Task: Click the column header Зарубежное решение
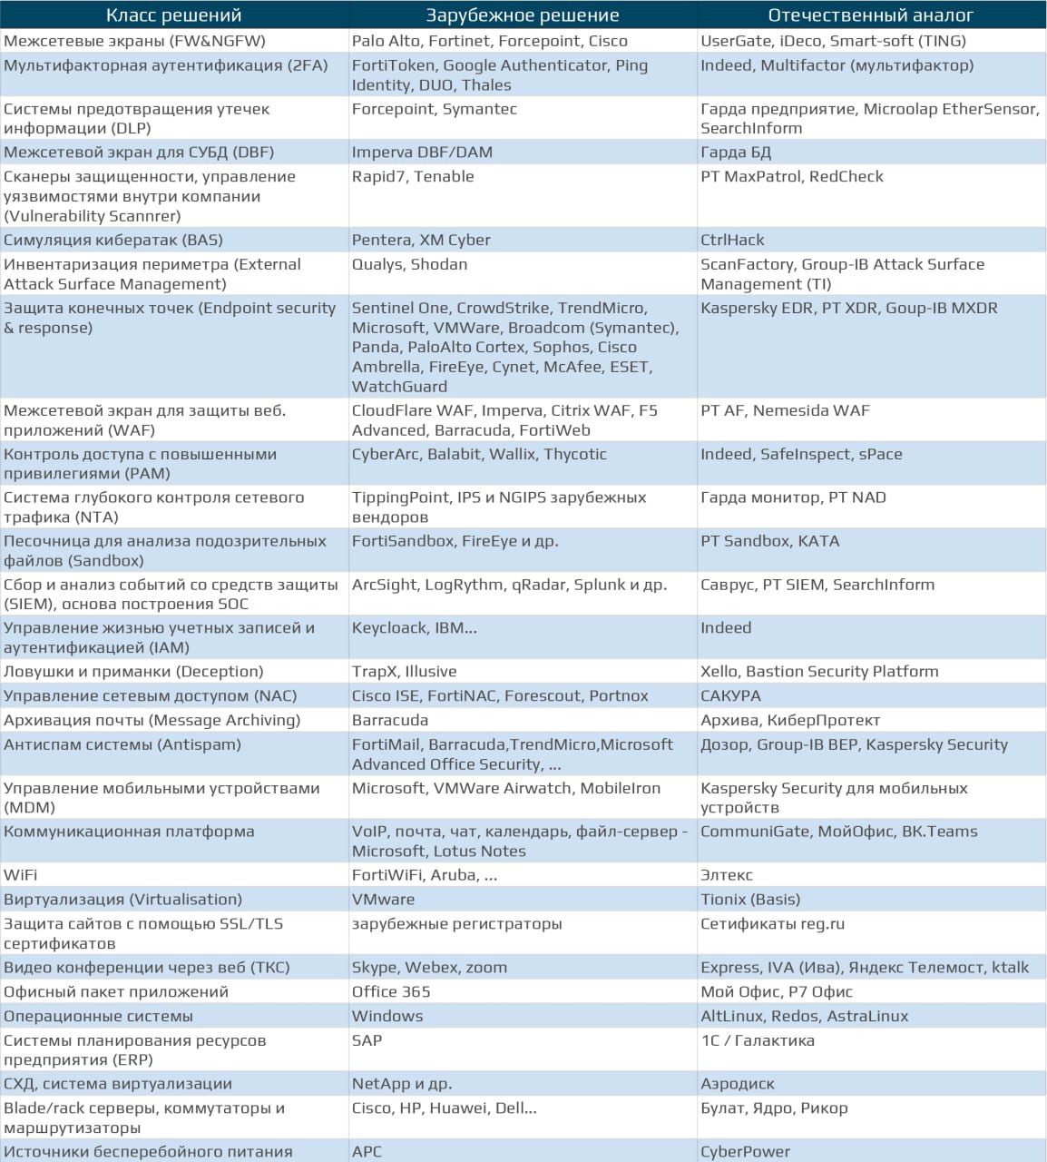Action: pos(523,15)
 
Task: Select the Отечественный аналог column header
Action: pos(870,15)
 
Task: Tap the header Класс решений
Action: pos(174,15)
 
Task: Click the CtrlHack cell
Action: pos(732,240)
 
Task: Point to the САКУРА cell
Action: pos(730,695)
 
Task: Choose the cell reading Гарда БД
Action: pos(736,153)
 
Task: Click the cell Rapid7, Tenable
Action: pos(413,176)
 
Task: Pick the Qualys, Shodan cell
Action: pos(409,264)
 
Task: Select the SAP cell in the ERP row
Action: pos(367,1040)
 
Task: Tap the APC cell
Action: pos(367,1151)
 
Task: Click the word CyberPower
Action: pos(745,1151)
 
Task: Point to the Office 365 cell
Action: pos(391,991)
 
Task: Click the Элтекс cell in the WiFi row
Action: pos(727,875)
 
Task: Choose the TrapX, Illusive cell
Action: pos(404,672)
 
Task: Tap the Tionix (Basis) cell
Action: pos(750,900)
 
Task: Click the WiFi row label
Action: pos(20,875)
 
